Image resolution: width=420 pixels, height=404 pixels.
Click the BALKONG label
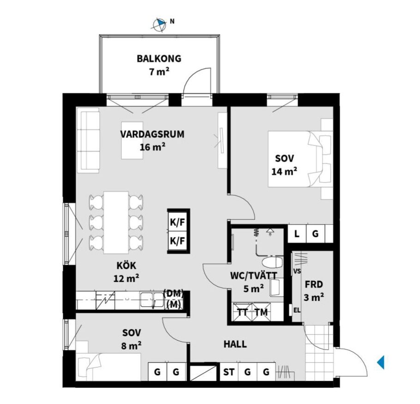point(159,58)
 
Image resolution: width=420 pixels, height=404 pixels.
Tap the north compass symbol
point(160,24)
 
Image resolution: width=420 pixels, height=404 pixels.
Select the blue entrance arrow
point(381,362)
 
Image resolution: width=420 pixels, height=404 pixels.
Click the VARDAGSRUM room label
point(152,134)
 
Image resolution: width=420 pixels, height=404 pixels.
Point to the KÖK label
point(126,265)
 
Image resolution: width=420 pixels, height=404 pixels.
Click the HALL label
point(235,344)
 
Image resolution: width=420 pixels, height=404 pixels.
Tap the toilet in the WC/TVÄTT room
point(272,263)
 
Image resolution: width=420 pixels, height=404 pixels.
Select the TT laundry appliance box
point(243,312)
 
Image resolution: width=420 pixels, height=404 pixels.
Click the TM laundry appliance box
point(261,312)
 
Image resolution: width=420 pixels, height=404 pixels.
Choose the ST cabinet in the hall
point(229,372)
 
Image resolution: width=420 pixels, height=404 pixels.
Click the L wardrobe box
point(297,234)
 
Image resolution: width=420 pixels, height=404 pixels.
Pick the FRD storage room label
point(314,284)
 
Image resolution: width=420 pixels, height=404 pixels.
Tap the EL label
point(297,310)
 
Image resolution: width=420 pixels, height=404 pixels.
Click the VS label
point(297,271)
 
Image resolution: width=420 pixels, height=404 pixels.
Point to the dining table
point(116,223)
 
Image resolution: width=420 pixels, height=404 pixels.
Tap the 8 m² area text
point(131,346)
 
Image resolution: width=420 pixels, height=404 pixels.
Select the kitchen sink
point(152,300)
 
